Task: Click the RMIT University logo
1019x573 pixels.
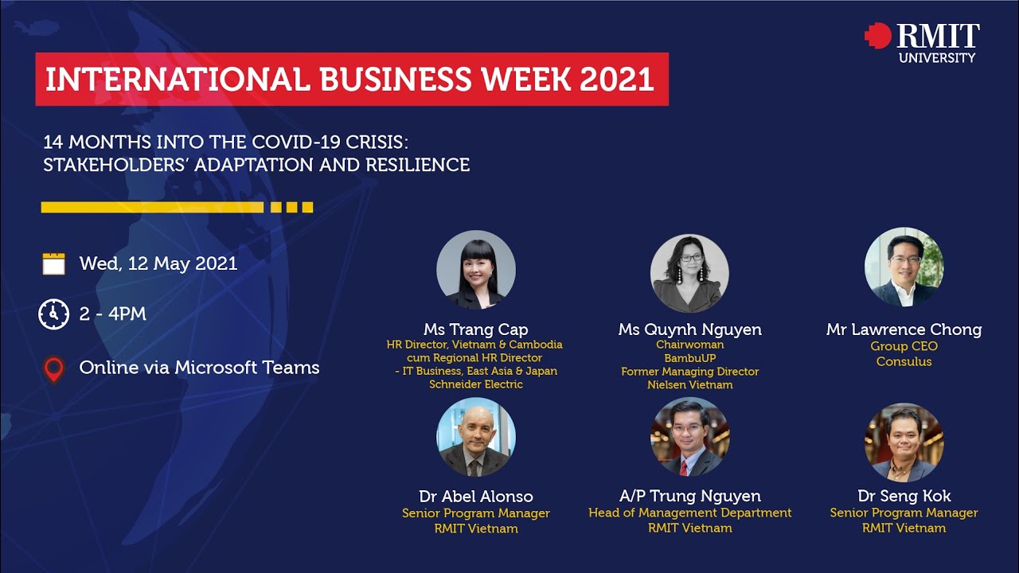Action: [x=922, y=42]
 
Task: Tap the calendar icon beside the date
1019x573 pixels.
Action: [x=53, y=263]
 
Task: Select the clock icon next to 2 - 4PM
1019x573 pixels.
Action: [x=53, y=314]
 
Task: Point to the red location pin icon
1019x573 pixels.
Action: [x=53, y=369]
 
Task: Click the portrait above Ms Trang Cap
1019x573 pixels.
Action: [x=476, y=270]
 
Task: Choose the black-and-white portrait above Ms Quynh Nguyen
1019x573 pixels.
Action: [x=689, y=273]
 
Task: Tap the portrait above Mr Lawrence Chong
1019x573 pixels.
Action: [x=904, y=267]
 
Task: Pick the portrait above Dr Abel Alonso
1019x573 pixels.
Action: [x=476, y=437]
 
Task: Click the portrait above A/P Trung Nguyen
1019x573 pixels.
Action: [x=690, y=437]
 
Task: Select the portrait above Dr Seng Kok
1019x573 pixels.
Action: [x=904, y=442]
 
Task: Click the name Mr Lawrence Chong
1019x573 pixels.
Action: [x=904, y=329]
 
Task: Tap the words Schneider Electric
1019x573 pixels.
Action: [x=476, y=384]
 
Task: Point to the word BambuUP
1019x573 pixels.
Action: [x=690, y=358]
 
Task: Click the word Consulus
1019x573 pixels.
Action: [x=904, y=361]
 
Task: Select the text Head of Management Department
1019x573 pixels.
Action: [x=690, y=513]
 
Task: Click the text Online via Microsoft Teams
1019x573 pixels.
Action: [x=199, y=368]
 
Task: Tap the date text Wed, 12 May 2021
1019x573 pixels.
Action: [x=158, y=263]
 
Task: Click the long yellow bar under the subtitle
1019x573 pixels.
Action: [x=152, y=208]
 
